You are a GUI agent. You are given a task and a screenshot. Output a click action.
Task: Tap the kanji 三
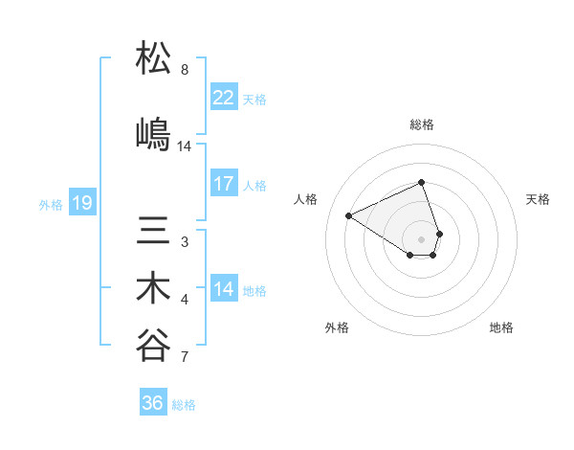point(154,232)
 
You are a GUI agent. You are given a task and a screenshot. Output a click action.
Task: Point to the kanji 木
point(154,289)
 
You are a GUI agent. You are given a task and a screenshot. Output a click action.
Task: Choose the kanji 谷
point(154,347)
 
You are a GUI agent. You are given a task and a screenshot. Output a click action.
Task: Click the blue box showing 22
point(224,98)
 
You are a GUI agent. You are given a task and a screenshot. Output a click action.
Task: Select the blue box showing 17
point(224,184)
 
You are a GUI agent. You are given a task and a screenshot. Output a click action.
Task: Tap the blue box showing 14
point(224,289)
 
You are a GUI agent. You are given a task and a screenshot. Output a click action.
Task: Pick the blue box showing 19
point(82,203)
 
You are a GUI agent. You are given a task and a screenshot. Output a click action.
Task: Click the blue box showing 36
point(153,403)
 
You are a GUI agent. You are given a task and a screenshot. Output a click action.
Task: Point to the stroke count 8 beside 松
point(185,70)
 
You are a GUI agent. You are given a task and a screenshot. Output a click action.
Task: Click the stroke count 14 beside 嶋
point(185,146)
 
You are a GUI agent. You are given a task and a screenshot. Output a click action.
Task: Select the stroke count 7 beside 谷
point(185,358)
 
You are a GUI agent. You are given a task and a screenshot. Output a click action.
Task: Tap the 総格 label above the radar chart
point(422,124)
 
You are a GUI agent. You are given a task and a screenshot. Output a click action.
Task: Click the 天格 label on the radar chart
point(538,199)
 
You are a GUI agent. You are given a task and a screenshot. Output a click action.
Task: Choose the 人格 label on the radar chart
point(306,199)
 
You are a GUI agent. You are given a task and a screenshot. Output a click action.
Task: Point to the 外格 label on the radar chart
point(337,327)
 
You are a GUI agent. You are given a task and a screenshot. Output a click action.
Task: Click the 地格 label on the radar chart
point(501,327)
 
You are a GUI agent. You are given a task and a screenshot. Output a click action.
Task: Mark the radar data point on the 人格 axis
point(349,215)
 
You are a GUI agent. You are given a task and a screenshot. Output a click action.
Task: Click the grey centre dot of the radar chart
point(422,238)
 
